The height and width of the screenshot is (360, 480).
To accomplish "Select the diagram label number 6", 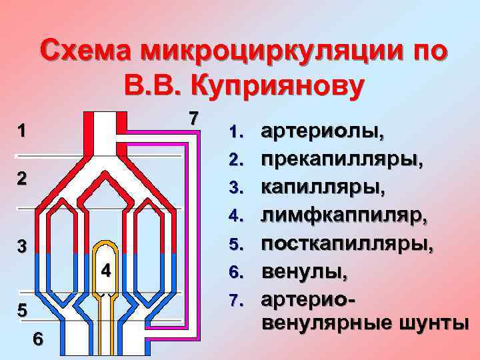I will click(x=39, y=339).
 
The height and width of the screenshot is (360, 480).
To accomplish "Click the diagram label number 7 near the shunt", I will click(x=193, y=118).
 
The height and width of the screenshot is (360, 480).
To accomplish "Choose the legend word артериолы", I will click(x=323, y=133).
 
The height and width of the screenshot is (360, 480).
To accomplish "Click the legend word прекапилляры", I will click(x=335, y=161).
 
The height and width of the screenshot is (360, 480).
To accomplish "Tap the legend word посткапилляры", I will click(x=347, y=244).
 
